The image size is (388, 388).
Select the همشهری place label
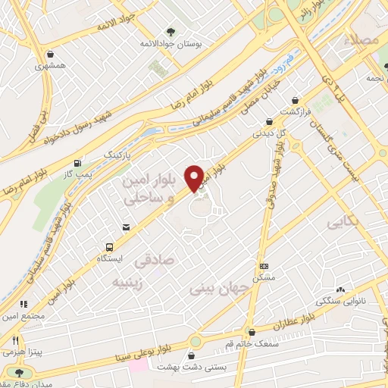tap(50, 67)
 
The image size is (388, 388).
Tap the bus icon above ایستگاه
tap(111, 246)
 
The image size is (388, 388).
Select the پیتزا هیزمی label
tap(17, 353)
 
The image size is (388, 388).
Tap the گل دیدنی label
tap(270, 133)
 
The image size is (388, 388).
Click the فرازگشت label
tap(296, 111)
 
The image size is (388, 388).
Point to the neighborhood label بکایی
tap(342, 224)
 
